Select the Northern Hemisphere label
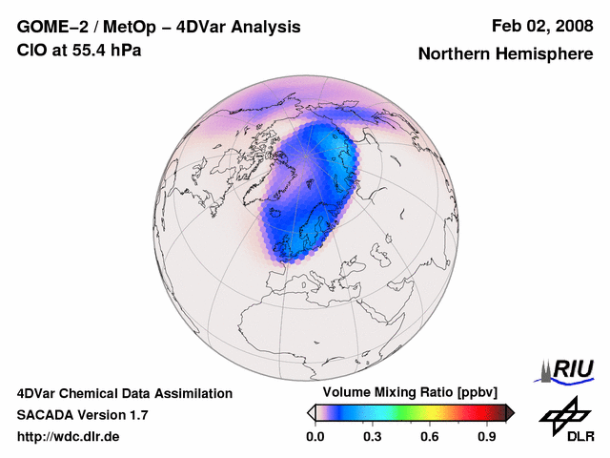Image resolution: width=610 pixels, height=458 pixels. pos(505,53)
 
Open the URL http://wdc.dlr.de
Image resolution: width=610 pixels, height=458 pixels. pos(69,437)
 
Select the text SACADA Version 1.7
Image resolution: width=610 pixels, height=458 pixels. pos(82,415)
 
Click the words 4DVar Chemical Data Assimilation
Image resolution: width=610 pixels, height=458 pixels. pos(125,393)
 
